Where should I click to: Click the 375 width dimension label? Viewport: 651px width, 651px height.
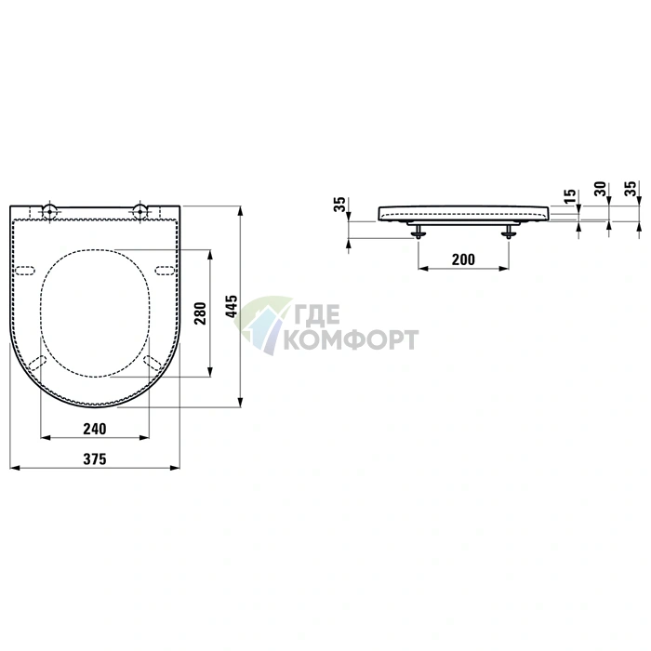[95, 459]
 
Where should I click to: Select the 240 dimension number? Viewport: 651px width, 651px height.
[95, 429]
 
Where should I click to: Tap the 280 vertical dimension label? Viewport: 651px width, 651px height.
[201, 313]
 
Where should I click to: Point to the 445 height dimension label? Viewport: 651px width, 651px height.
[232, 306]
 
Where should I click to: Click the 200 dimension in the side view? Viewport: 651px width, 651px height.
[463, 259]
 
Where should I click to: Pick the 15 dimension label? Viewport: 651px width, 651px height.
[571, 196]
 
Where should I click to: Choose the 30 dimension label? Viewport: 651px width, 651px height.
[601, 189]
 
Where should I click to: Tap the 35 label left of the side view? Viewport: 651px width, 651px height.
[339, 205]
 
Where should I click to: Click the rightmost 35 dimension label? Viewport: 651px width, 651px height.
[631, 189]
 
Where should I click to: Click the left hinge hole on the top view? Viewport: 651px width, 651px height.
[50, 211]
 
